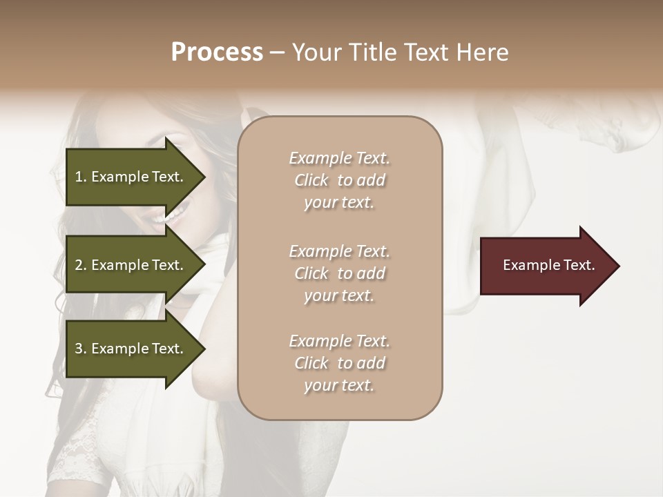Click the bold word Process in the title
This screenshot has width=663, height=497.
coord(217,52)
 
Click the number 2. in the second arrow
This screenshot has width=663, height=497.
coord(80,265)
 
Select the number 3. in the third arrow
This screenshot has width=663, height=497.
coord(80,349)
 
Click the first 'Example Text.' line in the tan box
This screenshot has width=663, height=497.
coord(339,158)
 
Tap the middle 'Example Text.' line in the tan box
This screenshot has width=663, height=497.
coord(339,251)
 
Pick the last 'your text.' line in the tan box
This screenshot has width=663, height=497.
coord(339,385)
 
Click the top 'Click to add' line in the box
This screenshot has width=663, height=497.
coord(339,180)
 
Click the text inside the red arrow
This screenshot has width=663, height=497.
coord(548,265)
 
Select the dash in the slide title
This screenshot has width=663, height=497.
coord(277,53)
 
